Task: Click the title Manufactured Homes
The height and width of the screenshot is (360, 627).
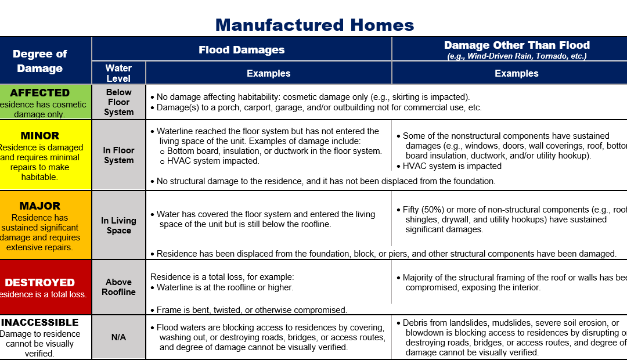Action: (x=314, y=25)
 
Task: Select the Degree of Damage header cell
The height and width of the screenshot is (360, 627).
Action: (x=40, y=60)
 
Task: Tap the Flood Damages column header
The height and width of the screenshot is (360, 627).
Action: (x=242, y=49)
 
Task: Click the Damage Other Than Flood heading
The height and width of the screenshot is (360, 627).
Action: (x=516, y=45)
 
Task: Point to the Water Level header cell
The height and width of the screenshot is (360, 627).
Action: (x=118, y=73)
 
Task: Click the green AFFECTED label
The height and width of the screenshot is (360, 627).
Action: (x=39, y=93)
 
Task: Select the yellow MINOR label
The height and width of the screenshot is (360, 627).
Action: (x=39, y=135)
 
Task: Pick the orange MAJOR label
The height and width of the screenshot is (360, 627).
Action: (x=39, y=206)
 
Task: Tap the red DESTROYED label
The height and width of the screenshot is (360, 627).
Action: (x=39, y=282)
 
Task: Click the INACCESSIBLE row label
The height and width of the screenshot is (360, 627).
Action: (x=39, y=322)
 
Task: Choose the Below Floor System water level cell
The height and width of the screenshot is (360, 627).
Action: (x=118, y=102)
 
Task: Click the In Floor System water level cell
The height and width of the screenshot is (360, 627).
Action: (x=118, y=155)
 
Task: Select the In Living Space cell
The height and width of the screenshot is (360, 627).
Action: (x=118, y=225)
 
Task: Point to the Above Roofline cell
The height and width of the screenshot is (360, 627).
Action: (x=118, y=287)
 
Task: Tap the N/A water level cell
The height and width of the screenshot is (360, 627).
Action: (x=118, y=337)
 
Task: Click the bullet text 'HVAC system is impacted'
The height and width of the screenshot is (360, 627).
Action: (x=452, y=166)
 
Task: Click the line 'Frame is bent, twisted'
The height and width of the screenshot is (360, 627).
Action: (x=251, y=310)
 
